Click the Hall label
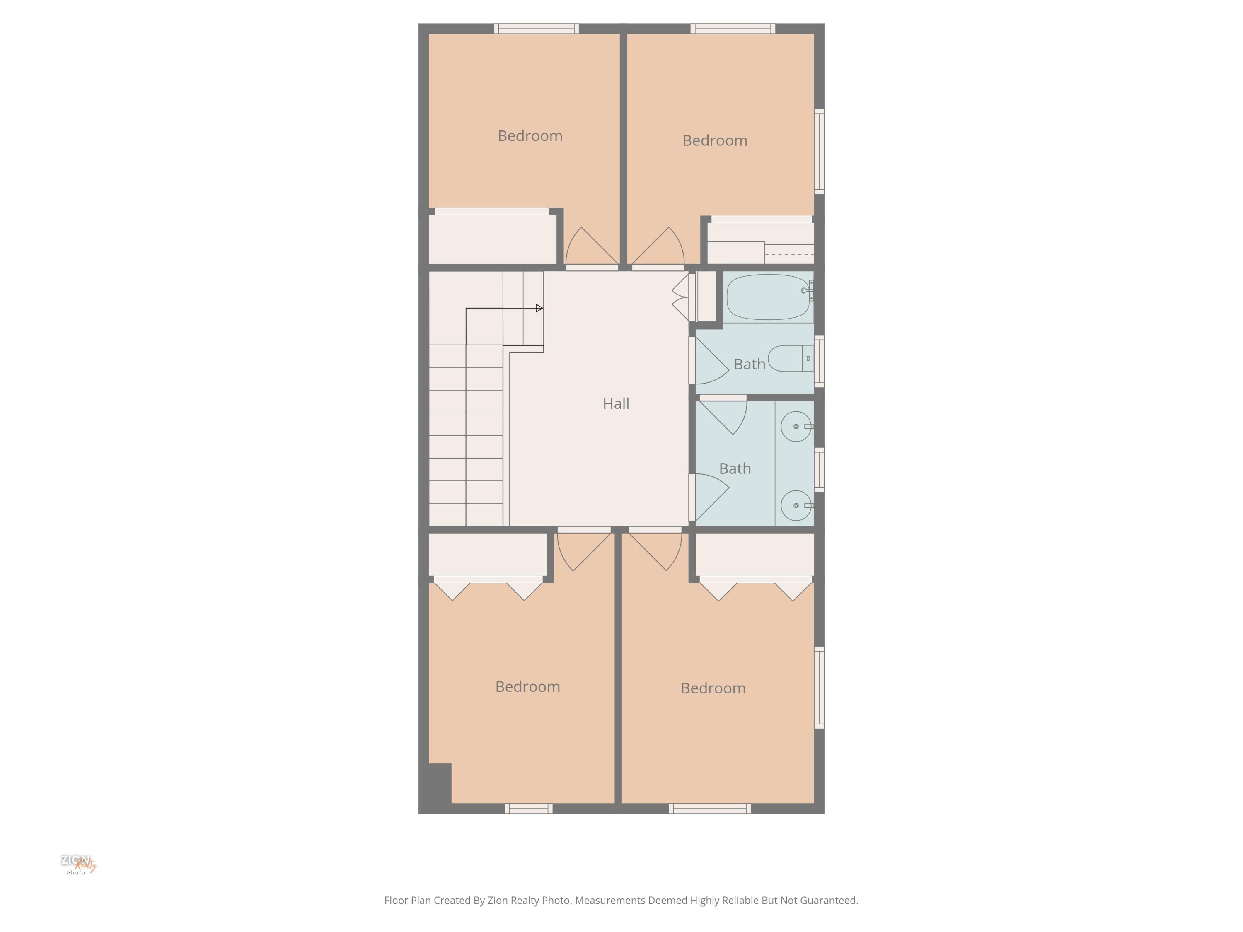pos(616,403)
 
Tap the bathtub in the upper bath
pos(768,297)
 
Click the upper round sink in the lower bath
pos(796,426)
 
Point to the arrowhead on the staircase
pos(539,308)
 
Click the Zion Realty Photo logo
pos(78,864)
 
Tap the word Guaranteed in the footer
pos(829,900)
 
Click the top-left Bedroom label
pos(530,136)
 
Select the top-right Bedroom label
pos(715,140)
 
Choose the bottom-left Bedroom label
pos(528,686)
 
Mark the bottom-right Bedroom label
pos(713,688)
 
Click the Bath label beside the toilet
pos(750,365)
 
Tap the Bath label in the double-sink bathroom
pos(735,468)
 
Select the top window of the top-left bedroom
pos(537,29)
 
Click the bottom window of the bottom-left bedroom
pos(528,809)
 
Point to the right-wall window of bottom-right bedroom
pos(819,688)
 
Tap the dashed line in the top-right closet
pos(789,254)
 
